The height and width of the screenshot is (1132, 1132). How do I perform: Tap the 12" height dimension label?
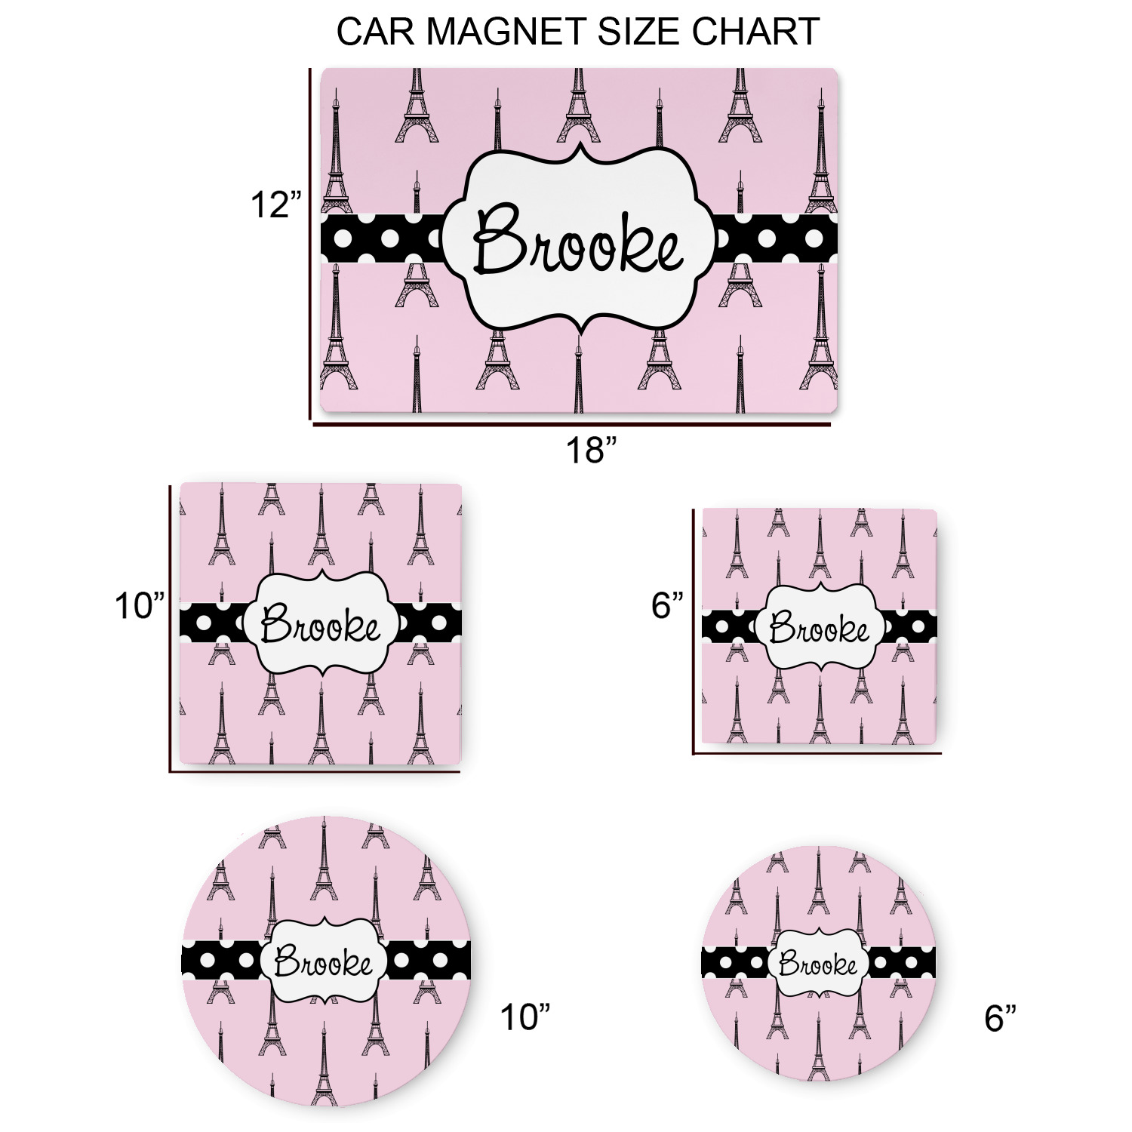[275, 205]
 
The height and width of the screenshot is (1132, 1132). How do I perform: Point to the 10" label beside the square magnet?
[140, 605]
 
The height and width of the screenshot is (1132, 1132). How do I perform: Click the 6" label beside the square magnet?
[668, 605]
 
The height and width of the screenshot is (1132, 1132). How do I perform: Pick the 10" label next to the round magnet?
[525, 1017]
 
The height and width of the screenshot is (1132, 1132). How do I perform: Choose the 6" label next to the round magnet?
[1001, 1017]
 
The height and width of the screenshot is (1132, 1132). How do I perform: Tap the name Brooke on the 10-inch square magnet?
[321, 625]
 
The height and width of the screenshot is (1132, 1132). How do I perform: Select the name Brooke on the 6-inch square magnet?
[820, 628]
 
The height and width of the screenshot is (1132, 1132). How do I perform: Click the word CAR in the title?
[377, 32]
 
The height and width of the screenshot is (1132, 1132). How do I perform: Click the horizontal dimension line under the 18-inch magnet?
[571, 425]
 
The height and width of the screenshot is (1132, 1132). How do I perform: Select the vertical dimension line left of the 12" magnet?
[310, 244]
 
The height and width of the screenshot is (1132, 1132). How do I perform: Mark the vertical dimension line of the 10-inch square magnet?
[171, 629]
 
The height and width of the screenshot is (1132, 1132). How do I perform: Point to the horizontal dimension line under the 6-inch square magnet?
[817, 752]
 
